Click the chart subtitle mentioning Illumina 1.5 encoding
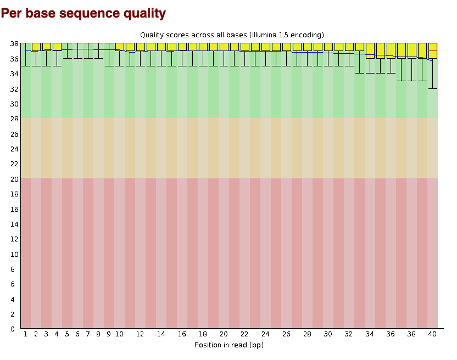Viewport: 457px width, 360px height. click(x=232, y=35)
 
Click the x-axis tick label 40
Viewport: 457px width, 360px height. click(x=432, y=334)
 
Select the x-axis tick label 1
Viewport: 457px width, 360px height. click(x=25, y=334)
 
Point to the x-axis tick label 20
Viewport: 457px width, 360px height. click(x=224, y=334)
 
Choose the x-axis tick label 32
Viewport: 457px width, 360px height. click(x=349, y=334)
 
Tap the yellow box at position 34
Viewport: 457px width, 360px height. click(x=370, y=50)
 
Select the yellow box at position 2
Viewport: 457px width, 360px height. click(x=36, y=47)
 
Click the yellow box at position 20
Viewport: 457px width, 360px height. click(x=224, y=47)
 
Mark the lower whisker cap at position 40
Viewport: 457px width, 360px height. click(x=433, y=88)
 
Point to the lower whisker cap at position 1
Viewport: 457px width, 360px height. click(x=26, y=66)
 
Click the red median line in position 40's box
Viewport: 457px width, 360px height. click(x=433, y=50)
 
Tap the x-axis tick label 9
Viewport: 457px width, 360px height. click(x=109, y=334)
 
